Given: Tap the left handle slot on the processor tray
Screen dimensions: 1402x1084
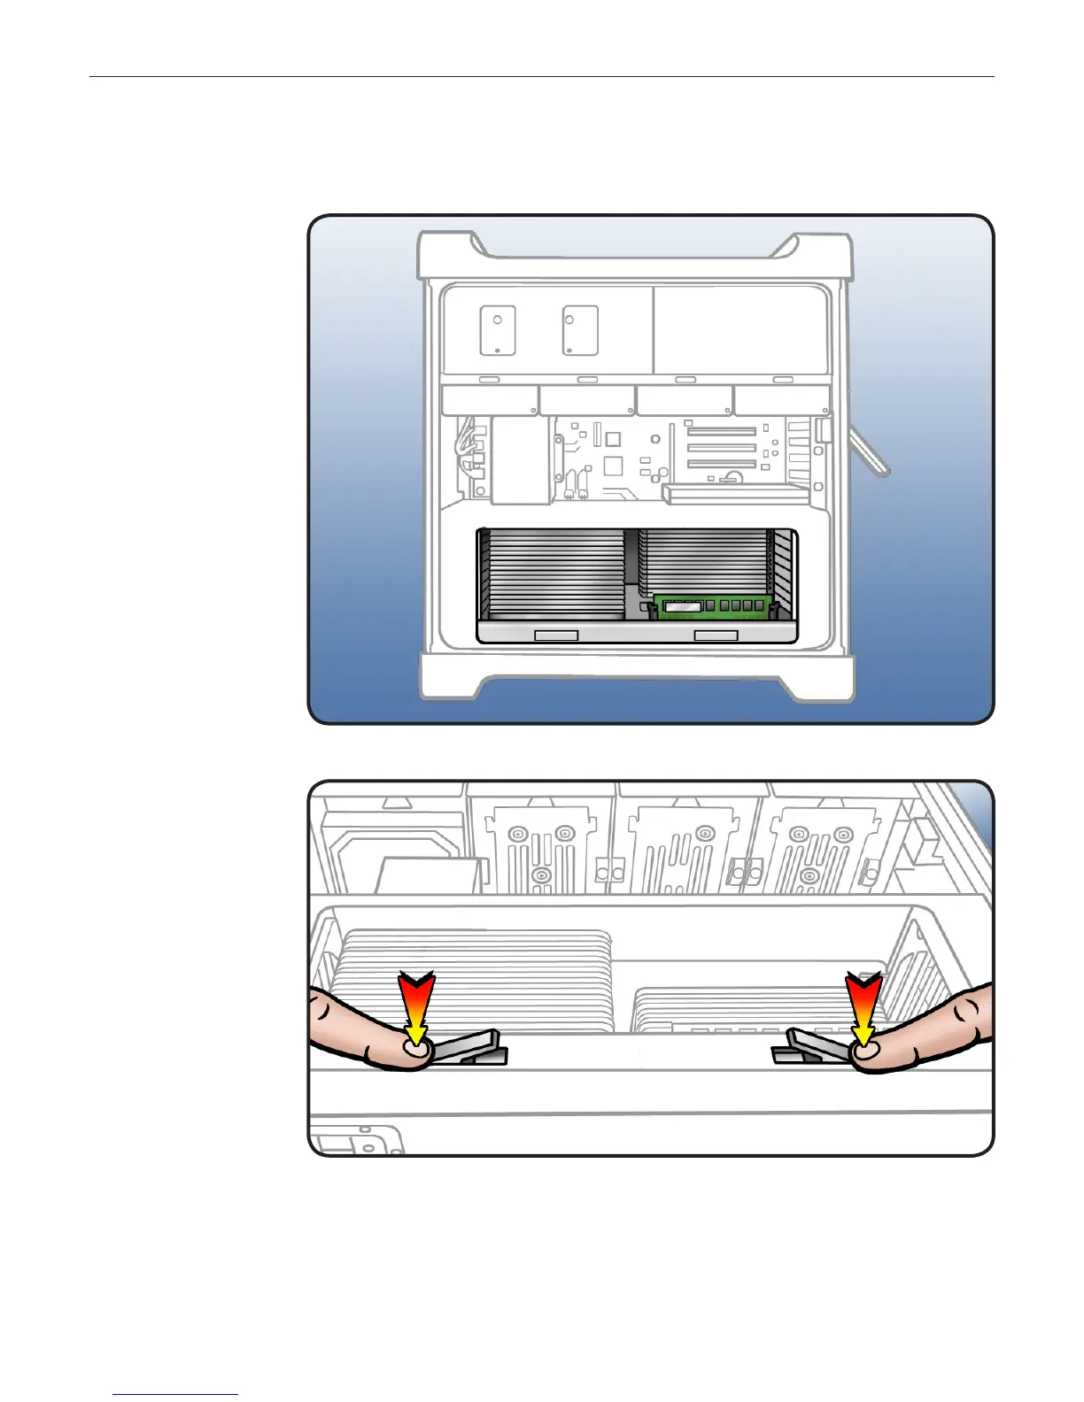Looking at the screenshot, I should [556, 636].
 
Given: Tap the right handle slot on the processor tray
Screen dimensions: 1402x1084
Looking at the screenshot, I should [716, 636].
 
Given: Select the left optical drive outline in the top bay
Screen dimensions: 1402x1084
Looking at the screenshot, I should [498, 330].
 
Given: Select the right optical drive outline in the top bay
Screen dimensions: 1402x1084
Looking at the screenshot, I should [580, 330].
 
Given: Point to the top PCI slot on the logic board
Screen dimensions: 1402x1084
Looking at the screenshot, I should [721, 432].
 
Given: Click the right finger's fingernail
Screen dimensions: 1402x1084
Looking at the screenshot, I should [865, 1050].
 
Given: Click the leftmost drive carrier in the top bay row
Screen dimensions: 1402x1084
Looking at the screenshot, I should [490, 399].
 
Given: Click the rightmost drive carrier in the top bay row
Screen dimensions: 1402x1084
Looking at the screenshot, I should [781, 399].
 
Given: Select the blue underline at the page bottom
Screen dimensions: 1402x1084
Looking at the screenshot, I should [175, 1394].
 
